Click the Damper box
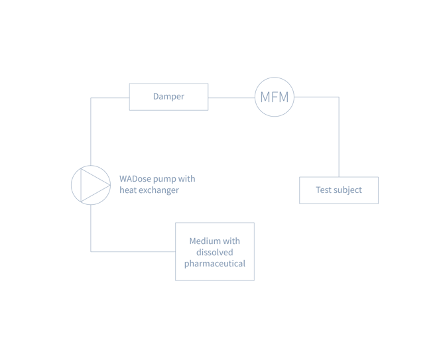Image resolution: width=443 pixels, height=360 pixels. pos(168,97)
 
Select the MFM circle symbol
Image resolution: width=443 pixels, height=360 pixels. pos(275,97)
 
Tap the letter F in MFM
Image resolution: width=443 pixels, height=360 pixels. pos(274,97)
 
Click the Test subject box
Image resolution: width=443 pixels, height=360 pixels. pos(339,190)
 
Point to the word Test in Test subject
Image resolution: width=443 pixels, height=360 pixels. pos(324,190)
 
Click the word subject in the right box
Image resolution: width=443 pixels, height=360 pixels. pos(348,190)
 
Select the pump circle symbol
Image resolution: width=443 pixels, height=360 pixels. pos(91,185)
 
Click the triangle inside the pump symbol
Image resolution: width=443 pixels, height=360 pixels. pos(90,185)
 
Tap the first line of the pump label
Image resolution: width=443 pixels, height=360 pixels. pos(157,179)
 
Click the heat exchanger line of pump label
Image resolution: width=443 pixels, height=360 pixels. pos(149,190)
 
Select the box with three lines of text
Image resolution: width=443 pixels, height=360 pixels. pos(215,251)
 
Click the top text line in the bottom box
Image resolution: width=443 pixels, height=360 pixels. pos(215,241)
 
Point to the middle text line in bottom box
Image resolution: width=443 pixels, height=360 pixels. pos(215,252)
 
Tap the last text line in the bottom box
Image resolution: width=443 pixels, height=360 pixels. pos(215,263)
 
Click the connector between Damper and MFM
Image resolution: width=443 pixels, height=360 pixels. pos(231,97)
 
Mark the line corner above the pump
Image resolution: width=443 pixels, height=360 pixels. pos(91,97)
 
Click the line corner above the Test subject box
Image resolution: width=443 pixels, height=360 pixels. pos(339,97)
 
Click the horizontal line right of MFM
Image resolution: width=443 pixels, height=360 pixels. pos(317,97)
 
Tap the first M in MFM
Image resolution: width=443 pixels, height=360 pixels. pos(264,97)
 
